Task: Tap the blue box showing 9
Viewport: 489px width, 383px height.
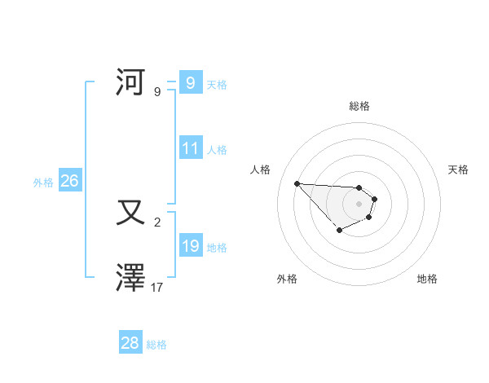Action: tap(190, 82)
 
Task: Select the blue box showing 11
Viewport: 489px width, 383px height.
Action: tap(190, 148)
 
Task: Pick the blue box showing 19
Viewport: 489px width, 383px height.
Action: tap(190, 246)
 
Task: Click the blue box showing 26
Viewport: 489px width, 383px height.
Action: tap(69, 181)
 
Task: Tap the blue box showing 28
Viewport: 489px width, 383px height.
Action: tap(130, 343)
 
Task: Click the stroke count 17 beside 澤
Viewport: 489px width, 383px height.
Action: tap(157, 288)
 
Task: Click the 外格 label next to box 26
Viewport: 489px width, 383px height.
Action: tap(43, 183)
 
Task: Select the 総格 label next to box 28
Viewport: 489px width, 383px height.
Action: tap(156, 345)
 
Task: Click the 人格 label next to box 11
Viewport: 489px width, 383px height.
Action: tap(217, 150)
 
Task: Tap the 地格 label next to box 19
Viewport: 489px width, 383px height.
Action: tap(217, 248)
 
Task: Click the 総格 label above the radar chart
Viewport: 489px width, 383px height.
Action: tap(359, 106)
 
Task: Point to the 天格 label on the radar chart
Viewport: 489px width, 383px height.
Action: tap(458, 169)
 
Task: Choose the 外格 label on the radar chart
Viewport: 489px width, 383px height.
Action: tap(287, 279)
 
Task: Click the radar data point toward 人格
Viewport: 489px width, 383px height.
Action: tap(297, 183)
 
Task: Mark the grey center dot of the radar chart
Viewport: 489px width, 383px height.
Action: tap(359, 203)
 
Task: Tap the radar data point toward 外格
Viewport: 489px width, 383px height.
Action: tap(340, 230)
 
